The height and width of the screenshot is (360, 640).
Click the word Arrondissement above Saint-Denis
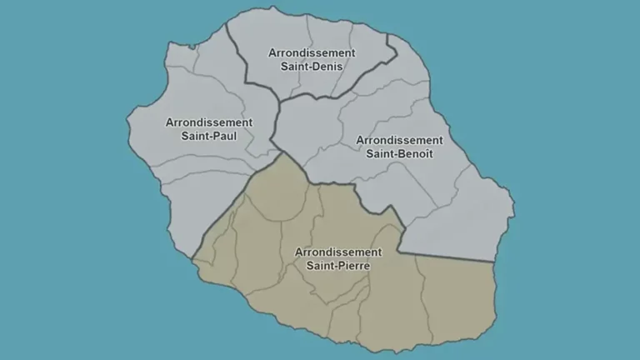tap(312, 52)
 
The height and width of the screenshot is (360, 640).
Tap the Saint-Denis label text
tap(312, 67)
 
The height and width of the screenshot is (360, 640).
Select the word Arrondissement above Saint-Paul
tap(209, 122)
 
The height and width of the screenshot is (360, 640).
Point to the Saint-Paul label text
tap(209, 136)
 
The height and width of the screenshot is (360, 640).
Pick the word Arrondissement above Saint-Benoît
tap(399, 139)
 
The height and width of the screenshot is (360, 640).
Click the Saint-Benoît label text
tap(399, 153)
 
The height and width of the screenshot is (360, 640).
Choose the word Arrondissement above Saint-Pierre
tap(338, 251)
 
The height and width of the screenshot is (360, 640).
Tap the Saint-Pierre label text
tap(338, 265)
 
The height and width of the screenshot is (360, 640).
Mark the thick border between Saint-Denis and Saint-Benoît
tap(350, 82)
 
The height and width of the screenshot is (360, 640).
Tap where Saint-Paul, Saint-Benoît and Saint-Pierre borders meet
tap(282, 152)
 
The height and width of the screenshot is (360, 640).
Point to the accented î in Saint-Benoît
tap(422, 153)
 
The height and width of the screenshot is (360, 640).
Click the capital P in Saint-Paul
tap(211, 136)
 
